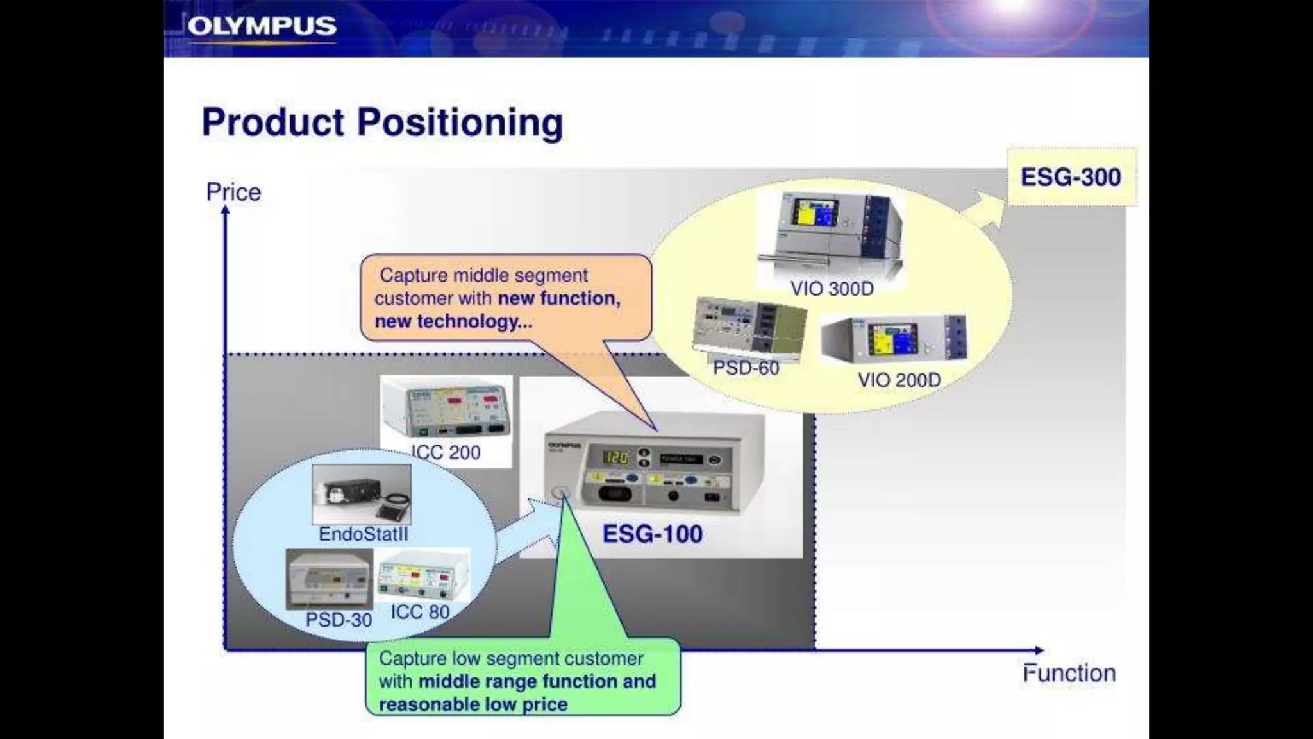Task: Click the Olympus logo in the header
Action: (x=262, y=27)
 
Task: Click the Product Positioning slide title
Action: (x=382, y=122)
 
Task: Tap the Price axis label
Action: (x=233, y=192)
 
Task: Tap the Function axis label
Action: (x=1069, y=673)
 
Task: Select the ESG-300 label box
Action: (x=1071, y=177)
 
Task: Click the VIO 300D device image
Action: (x=831, y=232)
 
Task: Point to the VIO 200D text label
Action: (x=899, y=380)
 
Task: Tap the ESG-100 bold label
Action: (x=652, y=534)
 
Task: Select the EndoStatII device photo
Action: (x=362, y=494)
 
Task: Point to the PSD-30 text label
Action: (x=339, y=620)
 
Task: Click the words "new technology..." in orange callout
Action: (x=453, y=321)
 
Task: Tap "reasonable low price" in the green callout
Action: (x=473, y=704)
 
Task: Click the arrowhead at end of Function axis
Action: (x=1039, y=650)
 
